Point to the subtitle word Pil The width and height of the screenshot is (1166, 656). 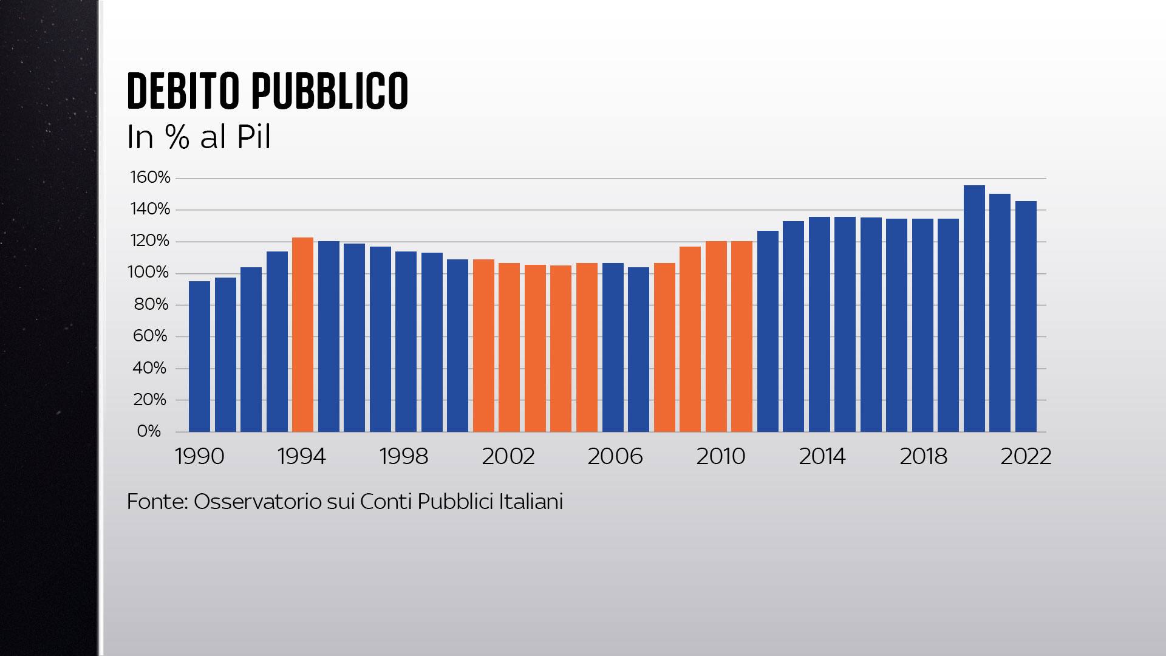coord(253,138)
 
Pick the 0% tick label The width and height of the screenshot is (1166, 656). coord(149,431)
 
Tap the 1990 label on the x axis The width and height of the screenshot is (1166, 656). coord(199,457)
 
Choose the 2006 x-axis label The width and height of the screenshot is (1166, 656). coord(615,457)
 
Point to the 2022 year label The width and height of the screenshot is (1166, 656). coord(1026,457)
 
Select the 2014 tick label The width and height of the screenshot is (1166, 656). coord(822,457)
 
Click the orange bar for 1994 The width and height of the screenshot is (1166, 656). coord(302,334)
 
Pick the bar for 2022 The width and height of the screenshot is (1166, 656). coord(1026,316)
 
